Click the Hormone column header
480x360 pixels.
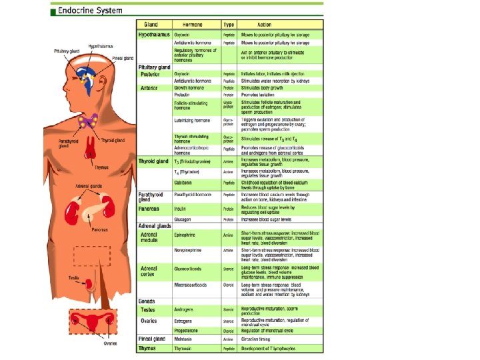(x=189, y=23)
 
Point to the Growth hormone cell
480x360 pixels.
(x=189, y=87)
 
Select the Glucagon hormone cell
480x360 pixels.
(x=183, y=219)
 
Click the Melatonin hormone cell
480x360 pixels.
(x=185, y=339)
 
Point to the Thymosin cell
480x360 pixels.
(x=184, y=348)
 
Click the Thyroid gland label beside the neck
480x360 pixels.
(x=111, y=141)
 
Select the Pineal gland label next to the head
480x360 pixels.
(x=123, y=58)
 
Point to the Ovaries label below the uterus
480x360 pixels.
(x=110, y=343)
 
